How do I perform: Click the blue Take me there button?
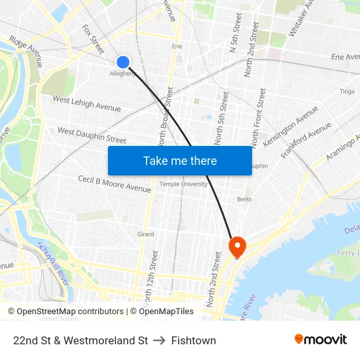(x=179, y=160)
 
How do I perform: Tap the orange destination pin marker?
(x=236, y=247)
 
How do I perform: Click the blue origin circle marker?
(x=123, y=62)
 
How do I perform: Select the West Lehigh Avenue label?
(x=86, y=103)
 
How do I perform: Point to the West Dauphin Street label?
(x=92, y=135)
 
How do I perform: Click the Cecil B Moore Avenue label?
(x=114, y=183)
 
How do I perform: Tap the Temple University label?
(x=183, y=185)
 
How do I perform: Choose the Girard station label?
(x=145, y=234)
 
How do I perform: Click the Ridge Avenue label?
(x=26, y=51)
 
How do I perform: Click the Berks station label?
(x=244, y=199)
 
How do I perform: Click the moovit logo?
(x=321, y=339)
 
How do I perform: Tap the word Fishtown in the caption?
(x=194, y=340)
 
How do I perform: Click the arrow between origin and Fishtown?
(x=160, y=340)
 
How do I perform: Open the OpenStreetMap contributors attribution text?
(x=66, y=312)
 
